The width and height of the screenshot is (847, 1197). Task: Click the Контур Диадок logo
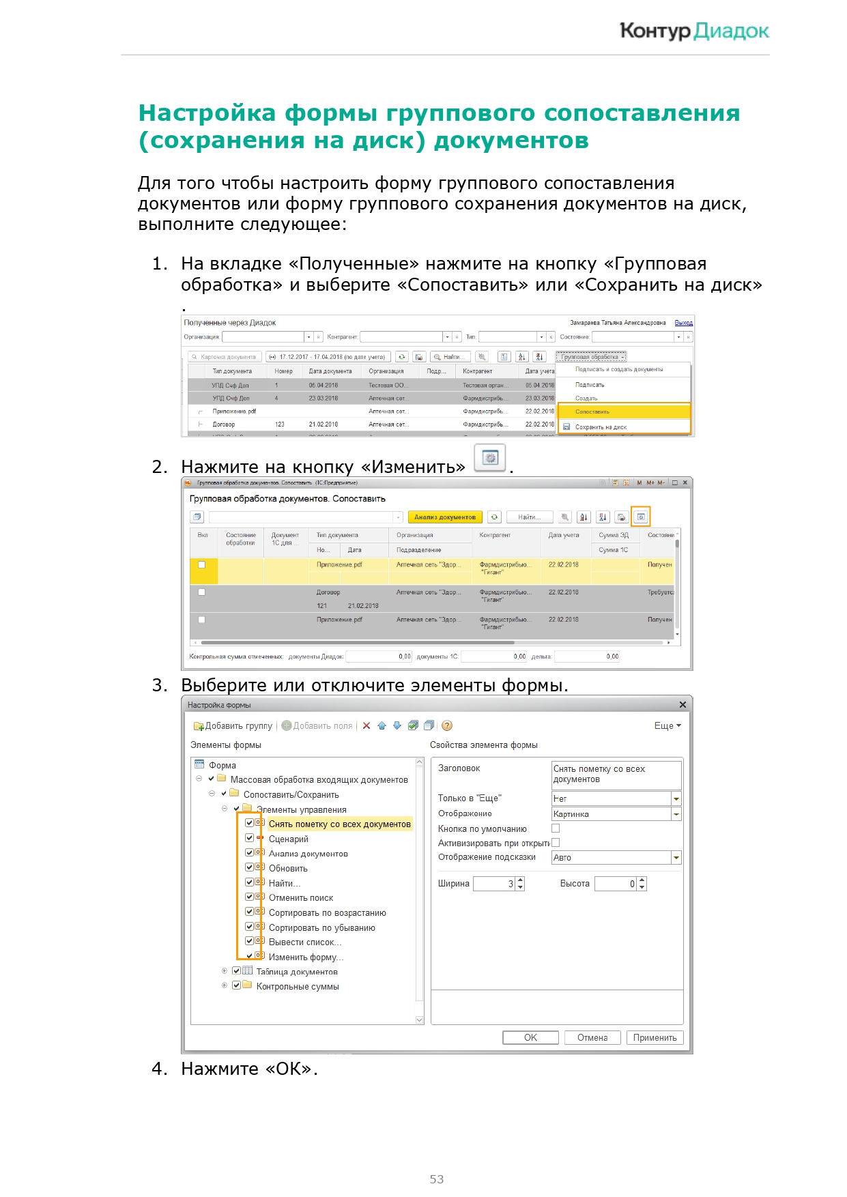pyautogui.click(x=694, y=31)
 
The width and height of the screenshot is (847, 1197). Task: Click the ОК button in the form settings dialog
pyautogui.click(x=530, y=1037)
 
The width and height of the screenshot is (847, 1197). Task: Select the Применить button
pyautogui.click(x=654, y=1037)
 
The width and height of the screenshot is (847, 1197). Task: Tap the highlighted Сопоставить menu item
pyautogui.click(x=624, y=412)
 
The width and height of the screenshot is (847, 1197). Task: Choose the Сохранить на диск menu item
pyautogui.click(x=601, y=427)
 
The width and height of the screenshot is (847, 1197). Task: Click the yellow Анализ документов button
pyautogui.click(x=444, y=517)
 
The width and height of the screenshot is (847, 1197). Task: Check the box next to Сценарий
pyautogui.click(x=250, y=838)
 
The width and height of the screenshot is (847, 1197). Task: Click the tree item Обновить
pyautogui.click(x=288, y=868)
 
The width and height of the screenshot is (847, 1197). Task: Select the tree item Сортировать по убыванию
pyautogui.click(x=321, y=927)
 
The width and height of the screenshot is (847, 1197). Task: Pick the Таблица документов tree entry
pyautogui.click(x=297, y=972)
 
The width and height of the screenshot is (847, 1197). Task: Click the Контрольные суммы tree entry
pyautogui.click(x=298, y=986)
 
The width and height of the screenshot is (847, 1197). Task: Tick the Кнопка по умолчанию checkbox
pyautogui.click(x=556, y=828)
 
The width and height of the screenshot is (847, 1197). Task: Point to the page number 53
pyautogui.click(x=437, y=1179)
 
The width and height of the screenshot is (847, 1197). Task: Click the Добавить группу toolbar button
pyautogui.click(x=233, y=725)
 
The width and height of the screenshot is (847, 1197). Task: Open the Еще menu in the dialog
pyautogui.click(x=667, y=725)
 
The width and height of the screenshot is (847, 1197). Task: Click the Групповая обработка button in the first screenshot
pyautogui.click(x=590, y=357)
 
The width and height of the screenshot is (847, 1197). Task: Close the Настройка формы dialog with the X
pyautogui.click(x=683, y=704)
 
